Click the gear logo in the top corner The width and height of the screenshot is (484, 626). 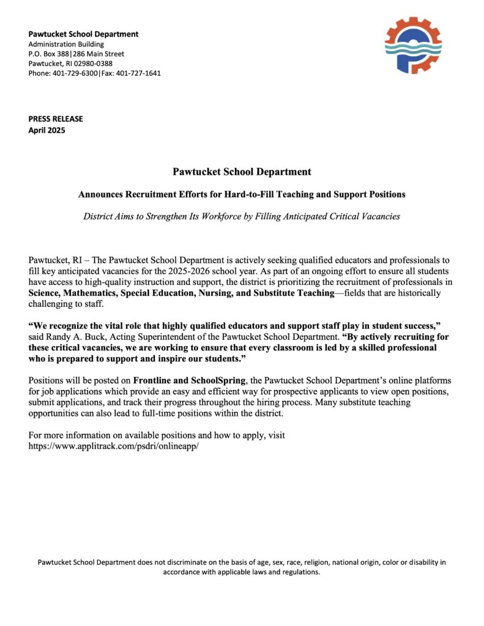pyautogui.click(x=413, y=46)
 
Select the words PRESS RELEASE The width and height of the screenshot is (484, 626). pyautogui.click(x=56, y=119)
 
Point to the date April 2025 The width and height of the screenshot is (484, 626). pyautogui.click(x=47, y=130)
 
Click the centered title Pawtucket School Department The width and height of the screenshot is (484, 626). pyautogui.click(x=242, y=172)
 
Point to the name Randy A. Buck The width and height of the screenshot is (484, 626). pyautogui.click(x=83, y=337)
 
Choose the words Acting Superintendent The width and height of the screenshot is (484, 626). pyautogui.click(x=152, y=337)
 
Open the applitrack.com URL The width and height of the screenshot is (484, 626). pyautogui.click(x=114, y=446)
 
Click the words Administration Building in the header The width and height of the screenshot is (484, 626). pyautogui.click(x=67, y=44)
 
